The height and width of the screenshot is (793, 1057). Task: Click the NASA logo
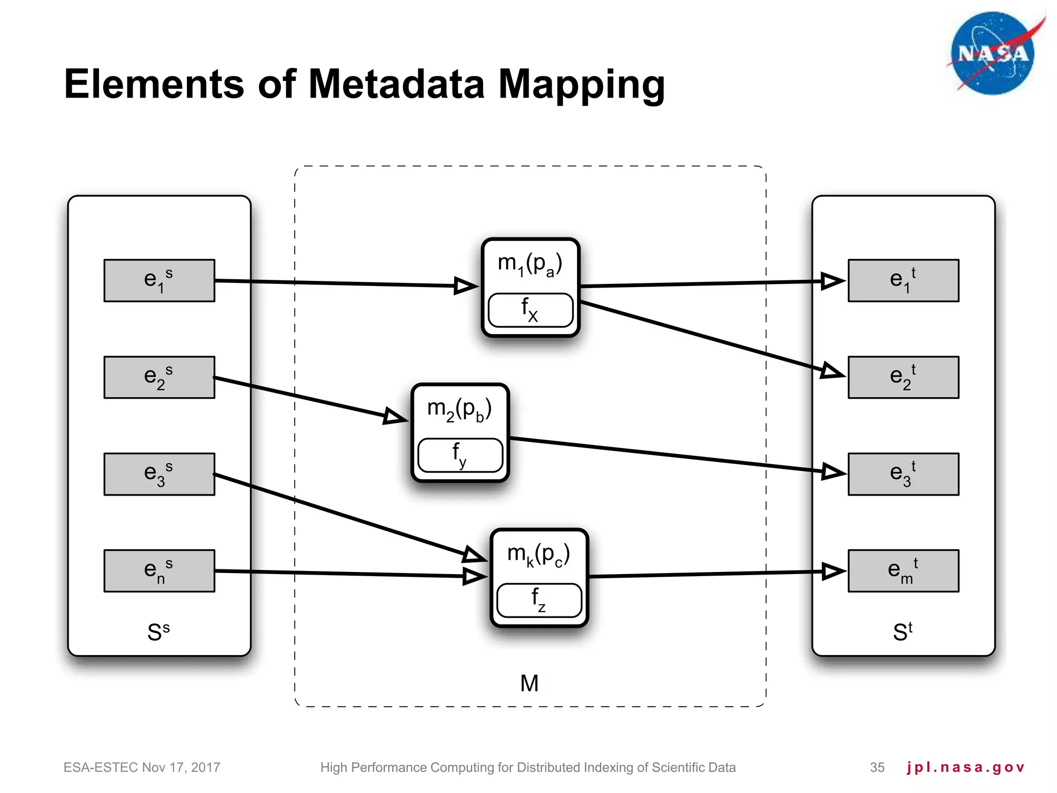point(992,54)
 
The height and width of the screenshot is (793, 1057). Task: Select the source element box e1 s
point(159,280)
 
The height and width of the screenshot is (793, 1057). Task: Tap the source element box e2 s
point(159,377)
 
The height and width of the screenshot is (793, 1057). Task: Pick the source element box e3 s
point(159,474)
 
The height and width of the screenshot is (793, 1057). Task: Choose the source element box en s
point(159,570)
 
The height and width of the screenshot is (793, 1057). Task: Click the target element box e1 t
point(903,280)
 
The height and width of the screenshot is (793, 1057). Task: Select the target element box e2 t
point(903,377)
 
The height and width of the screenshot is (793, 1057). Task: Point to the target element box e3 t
point(903,474)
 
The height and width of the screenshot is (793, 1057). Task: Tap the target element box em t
point(903,570)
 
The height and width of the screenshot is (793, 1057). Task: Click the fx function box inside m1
point(530,310)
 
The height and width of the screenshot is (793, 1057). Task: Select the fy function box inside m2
point(460,455)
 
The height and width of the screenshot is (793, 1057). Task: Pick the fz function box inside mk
point(539,600)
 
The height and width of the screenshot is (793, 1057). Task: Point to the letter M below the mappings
point(530,684)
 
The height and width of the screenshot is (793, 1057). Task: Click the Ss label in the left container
point(158,632)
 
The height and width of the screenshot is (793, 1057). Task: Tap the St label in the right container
point(903,632)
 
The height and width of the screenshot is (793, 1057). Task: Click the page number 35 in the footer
point(877,767)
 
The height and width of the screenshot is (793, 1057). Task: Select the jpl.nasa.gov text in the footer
point(965,767)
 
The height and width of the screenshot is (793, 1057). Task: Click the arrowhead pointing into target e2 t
point(832,371)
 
